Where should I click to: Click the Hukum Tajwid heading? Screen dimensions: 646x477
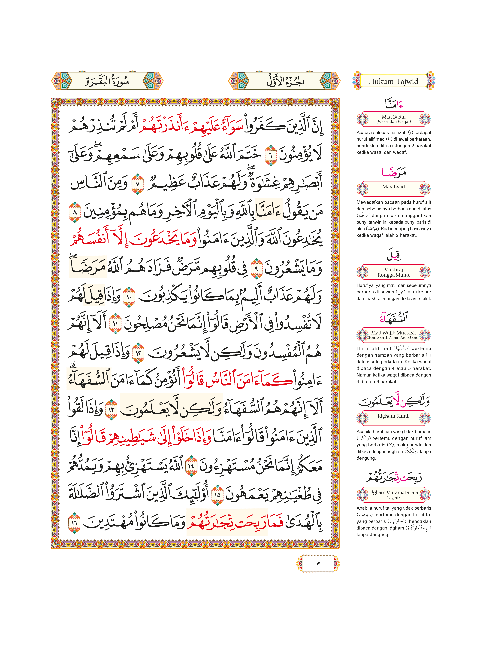(393, 81)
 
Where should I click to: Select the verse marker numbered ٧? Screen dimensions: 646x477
(137, 184)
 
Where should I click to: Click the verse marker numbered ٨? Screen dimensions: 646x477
(75, 212)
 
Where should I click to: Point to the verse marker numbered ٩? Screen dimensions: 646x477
(256, 269)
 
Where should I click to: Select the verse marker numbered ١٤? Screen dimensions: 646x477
(191, 466)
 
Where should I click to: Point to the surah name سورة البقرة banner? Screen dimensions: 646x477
(107, 81)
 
